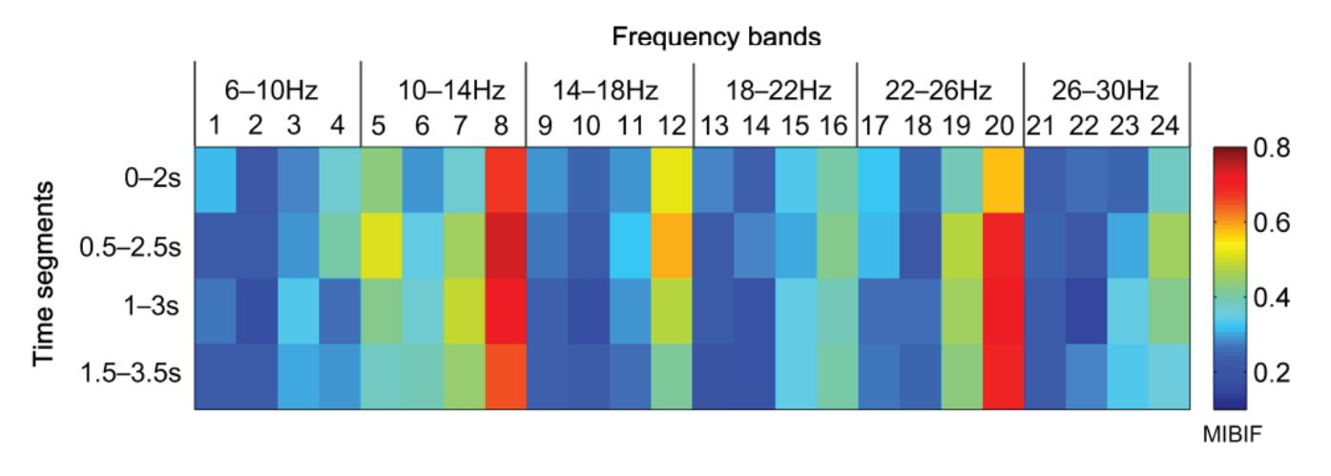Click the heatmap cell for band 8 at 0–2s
(506, 180)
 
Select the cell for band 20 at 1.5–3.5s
(1003, 378)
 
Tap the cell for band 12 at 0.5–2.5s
(672, 246)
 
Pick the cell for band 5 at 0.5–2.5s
(381, 246)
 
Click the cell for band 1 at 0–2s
(216, 180)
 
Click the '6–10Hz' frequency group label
(278, 93)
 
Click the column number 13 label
(713, 124)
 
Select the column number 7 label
(464, 124)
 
